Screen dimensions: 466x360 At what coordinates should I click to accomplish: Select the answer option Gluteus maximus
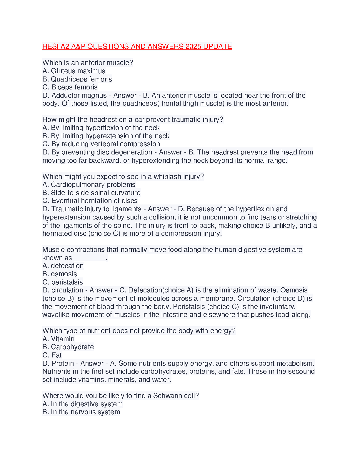(x=78, y=71)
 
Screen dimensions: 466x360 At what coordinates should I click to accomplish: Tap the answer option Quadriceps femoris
(x=81, y=79)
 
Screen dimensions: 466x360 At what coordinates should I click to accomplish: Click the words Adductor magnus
(x=79, y=95)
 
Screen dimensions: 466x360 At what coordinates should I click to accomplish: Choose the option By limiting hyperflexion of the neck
(x=105, y=128)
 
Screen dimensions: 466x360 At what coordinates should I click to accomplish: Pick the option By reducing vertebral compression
(x=106, y=144)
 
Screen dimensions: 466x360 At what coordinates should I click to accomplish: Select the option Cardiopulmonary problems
(x=93, y=184)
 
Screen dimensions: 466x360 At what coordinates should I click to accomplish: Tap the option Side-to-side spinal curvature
(x=96, y=193)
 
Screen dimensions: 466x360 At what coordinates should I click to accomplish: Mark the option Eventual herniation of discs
(x=94, y=201)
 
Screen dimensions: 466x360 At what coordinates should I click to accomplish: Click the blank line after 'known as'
(x=90, y=258)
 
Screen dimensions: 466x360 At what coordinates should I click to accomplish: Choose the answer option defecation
(x=67, y=266)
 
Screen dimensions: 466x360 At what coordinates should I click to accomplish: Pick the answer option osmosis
(x=64, y=274)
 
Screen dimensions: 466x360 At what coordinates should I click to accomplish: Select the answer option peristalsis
(x=67, y=282)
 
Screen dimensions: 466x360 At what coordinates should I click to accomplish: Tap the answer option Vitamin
(x=63, y=339)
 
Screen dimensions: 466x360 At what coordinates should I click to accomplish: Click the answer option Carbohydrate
(x=72, y=347)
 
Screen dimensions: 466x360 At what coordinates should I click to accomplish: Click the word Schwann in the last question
(x=166, y=396)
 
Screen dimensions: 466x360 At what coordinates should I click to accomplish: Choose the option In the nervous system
(x=85, y=412)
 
